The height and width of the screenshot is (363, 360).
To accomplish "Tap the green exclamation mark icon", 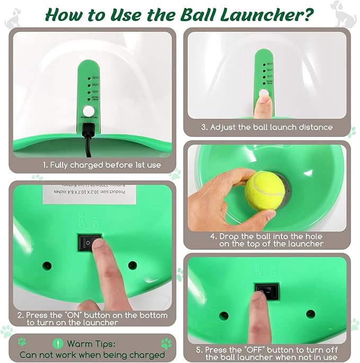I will coord(58,343).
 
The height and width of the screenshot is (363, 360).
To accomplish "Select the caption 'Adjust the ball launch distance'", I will coord(267,127).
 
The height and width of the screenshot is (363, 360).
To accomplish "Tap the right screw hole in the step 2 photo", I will coord(133,265).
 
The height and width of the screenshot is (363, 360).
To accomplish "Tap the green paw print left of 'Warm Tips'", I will coord(22,342).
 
